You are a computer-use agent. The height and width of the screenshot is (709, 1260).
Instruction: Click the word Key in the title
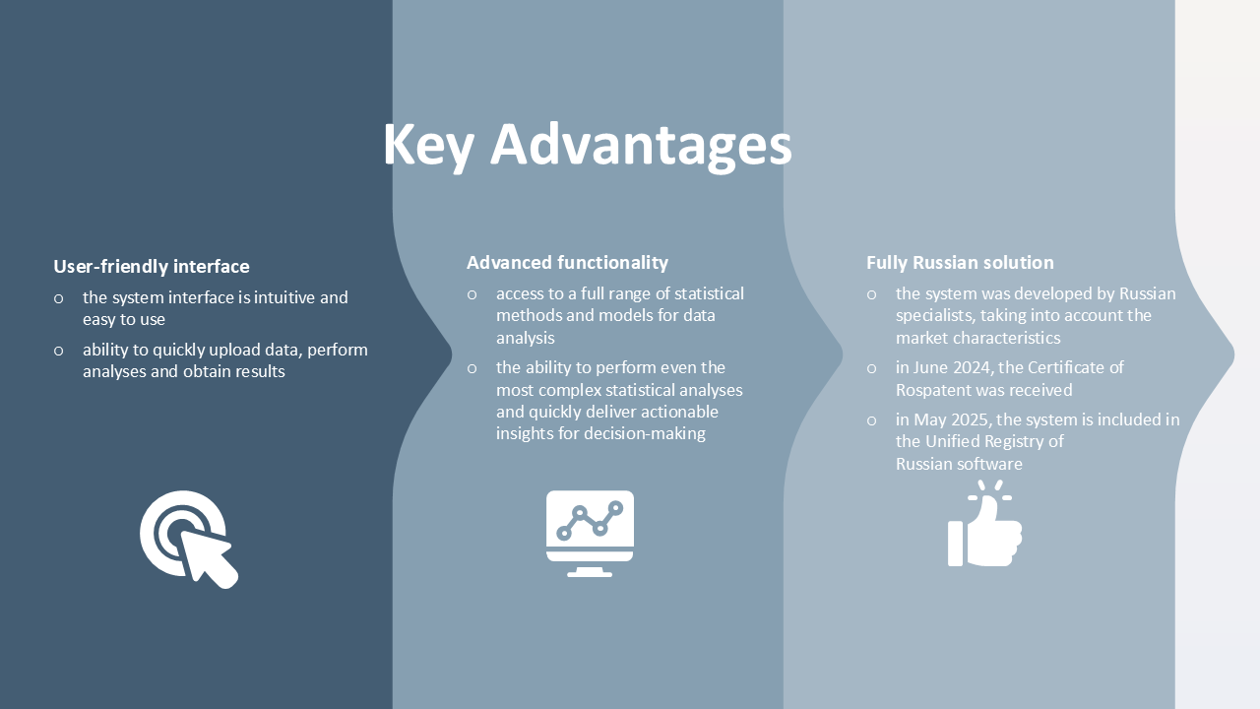point(428,147)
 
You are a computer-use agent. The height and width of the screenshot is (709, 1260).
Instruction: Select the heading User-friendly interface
point(152,266)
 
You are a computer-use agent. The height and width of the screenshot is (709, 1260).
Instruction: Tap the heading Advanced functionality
point(568,262)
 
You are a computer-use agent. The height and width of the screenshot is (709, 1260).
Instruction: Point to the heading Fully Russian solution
point(960,262)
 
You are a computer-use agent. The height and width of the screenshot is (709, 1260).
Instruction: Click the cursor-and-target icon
point(190,539)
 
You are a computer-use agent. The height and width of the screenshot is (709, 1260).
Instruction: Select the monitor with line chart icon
point(590,534)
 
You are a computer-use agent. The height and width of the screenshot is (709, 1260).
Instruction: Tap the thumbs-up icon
point(985,523)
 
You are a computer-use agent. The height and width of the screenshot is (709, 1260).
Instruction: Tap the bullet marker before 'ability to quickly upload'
point(58,352)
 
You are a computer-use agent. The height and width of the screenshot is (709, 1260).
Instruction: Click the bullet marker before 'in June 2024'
point(871,369)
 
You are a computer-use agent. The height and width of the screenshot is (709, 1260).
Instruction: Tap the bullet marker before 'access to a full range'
point(472,294)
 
